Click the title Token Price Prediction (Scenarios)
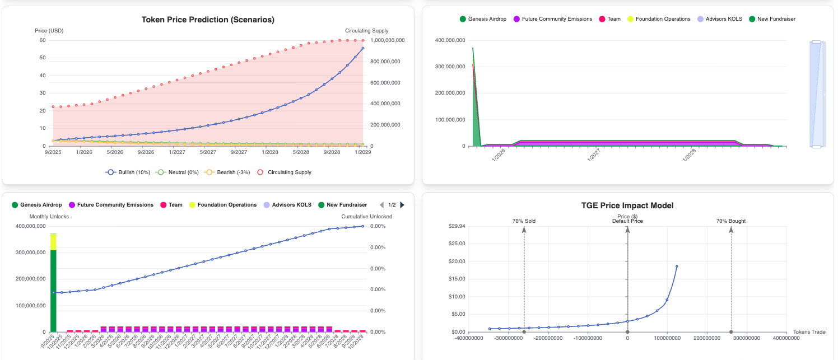pyautogui.click(x=208, y=20)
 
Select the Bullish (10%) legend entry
pyautogui.click(x=128, y=172)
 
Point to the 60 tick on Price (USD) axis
pyautogui.click(x=43, y=40)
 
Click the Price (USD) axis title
pyautogui.click(x=49, y=30)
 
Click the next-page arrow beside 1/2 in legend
pyautogui.click(x=402, y=205)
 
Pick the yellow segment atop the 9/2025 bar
pyautogui.click(x=53, y=241)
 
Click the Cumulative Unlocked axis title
pyautogui.click(x=366, y=216)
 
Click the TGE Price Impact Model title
pyautogui.click(x=627, y=205)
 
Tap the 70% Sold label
pyautogui.click(x=524, y=221)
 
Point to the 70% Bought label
pyautogui.click(x=730, y=221)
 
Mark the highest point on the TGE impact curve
pyautogui.click(x=677, y=267)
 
